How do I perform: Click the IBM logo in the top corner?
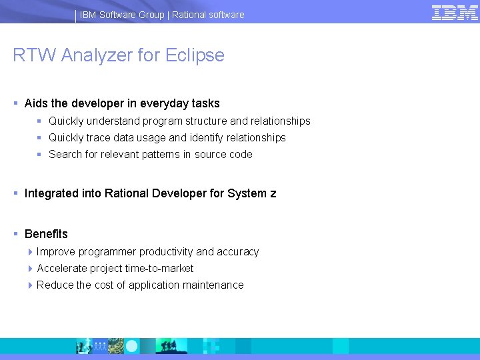coord(455,13)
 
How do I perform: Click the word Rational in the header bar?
coord(190,15)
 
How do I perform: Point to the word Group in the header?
coord(150,15)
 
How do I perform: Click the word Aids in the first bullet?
coord(36,103)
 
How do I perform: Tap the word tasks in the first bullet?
coord(205,103)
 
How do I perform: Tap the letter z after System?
coord(273,194)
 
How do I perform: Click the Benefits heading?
coord(46,234)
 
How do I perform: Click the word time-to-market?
coord(159,268)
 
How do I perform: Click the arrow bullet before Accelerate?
coord(31,269)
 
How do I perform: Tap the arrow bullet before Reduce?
coord(31,285)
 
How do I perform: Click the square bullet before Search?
coord(40,154)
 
